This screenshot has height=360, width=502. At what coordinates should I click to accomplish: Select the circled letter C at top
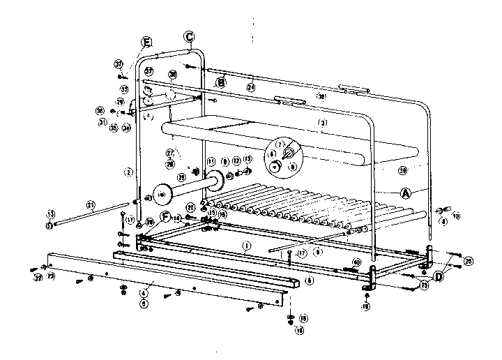(x=189, y=36)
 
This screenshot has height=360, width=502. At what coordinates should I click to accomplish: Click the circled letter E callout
(x=146, y=42)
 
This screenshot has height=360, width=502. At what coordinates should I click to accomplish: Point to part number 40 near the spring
(x=356, y=263)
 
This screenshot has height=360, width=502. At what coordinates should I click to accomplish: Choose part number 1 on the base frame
(x=245, y=245)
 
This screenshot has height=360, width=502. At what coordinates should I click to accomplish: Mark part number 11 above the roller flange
(x=210, y=162)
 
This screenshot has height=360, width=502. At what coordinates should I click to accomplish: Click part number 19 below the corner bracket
(x=366, y=306)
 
